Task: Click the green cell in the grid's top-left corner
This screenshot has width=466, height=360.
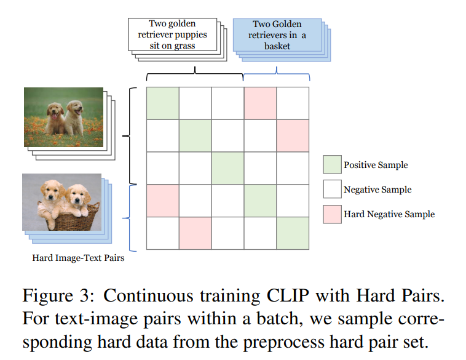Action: tap(163, 103)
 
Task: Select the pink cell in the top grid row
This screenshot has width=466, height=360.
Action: tap(260, 103)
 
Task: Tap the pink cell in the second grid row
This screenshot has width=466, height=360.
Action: tap(293, 135)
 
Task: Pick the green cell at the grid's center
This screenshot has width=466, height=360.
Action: tap(227, 168)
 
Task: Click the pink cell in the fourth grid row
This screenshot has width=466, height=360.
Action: tap(163, 201)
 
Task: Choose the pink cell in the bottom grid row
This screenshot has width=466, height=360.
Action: tap(195, 233)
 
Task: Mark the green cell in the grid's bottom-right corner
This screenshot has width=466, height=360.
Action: tap(293, 233)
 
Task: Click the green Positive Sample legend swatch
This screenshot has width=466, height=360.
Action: tap(332, 164)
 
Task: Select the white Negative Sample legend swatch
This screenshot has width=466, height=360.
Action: tap(332, 189)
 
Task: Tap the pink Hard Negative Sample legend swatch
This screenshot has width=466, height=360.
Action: tap(332, 214)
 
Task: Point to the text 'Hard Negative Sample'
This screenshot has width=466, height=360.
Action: tap(389, 214)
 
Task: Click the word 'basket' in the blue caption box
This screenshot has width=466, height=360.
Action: tap(277, 46)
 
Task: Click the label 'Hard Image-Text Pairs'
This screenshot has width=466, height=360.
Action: tap(78, 258)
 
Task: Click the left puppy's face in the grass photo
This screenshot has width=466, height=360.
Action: tap(55, 111)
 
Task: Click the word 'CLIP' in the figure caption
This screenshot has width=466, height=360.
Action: tap(288, 296)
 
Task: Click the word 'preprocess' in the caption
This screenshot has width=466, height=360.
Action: tap(283, 343)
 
